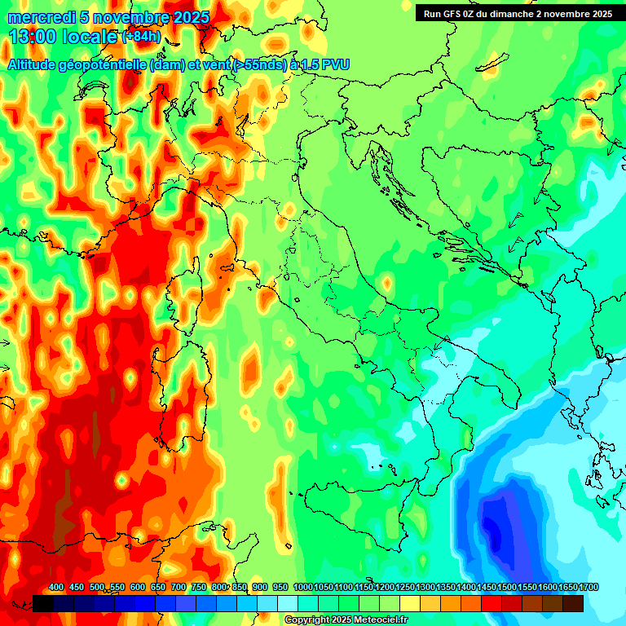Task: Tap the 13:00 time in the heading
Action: (32, 37)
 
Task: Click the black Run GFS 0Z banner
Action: (518, 14)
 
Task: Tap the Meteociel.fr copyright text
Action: (346, 620)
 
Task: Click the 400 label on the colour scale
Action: (56, 588)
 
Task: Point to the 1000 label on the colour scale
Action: (302, 588)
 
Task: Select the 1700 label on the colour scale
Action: (588, 588)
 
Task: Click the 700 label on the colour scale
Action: (178, 588)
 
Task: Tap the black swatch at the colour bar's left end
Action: (43, 603)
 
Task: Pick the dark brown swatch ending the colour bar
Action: (573, 603)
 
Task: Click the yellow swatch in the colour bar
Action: (410, 603)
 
